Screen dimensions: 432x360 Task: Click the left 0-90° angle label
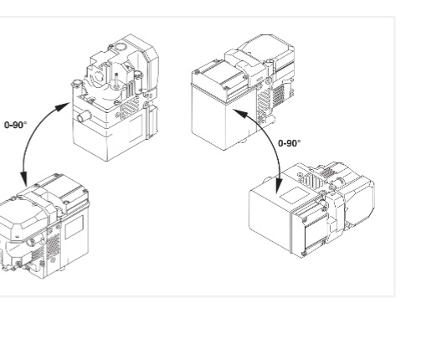[16, 125]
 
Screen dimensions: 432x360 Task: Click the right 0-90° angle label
[290, 143]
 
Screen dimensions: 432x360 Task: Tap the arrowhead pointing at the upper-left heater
[62, 107]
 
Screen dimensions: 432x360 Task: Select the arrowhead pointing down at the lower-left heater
[24, 179]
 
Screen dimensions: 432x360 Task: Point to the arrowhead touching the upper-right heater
[240, 114]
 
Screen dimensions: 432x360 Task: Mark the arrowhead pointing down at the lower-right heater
[279, 185]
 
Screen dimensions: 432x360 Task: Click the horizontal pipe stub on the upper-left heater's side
[84, 116]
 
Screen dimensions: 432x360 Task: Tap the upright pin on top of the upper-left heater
[116, 80]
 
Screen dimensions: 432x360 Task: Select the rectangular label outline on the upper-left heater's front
[136, 128]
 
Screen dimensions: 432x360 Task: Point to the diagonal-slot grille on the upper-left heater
[131, 107]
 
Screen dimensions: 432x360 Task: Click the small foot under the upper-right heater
[244, 140]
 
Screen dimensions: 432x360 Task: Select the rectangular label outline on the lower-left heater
[74, 227]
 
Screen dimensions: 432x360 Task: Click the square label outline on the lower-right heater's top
[295, 195]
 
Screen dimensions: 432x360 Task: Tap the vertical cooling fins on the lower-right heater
[312, 181]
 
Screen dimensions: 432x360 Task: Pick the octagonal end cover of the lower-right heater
[360, 200]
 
